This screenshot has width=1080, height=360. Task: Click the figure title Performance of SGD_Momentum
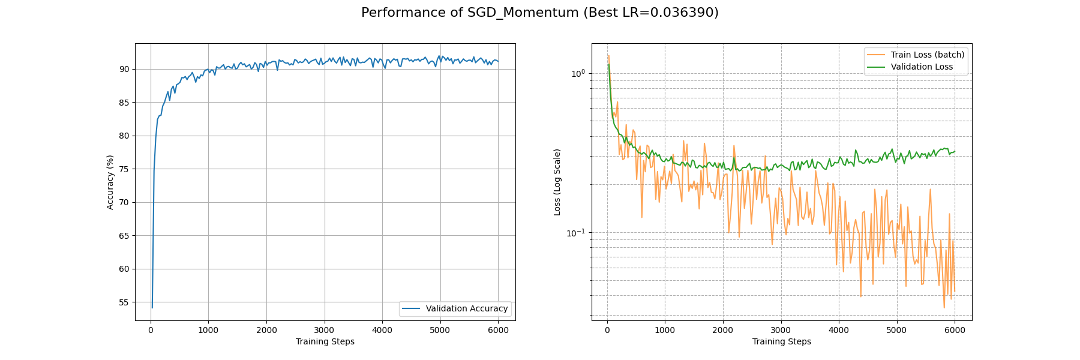[539, 13]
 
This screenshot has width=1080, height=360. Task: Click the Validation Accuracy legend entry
[466, 308]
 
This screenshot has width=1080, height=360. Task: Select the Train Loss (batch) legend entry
[927, 55]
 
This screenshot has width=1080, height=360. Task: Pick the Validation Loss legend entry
[922, 67]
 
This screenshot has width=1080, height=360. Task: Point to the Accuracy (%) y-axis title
[110, 182]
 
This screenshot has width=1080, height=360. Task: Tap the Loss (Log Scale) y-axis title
[557, 182]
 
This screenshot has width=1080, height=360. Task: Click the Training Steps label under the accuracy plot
[325, 341]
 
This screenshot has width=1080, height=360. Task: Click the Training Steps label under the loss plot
[781, 341]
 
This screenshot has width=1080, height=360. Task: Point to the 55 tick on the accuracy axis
[124, 302]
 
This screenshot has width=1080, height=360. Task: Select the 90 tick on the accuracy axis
[124, 69]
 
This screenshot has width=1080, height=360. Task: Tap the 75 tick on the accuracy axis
[124, 169]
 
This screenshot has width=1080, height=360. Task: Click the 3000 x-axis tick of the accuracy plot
[324, 330]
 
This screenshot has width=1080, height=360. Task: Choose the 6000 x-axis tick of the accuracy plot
[498, 330]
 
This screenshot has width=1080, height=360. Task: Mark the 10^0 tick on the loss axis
[577, 73]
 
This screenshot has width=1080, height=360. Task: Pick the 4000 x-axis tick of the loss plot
[839, 330]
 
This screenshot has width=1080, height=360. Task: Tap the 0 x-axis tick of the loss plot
[607, 330]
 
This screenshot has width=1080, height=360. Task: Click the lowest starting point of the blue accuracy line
[152, 308]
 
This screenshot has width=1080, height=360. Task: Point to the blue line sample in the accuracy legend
[411, 308]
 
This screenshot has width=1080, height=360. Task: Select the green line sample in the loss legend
[876, 67]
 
